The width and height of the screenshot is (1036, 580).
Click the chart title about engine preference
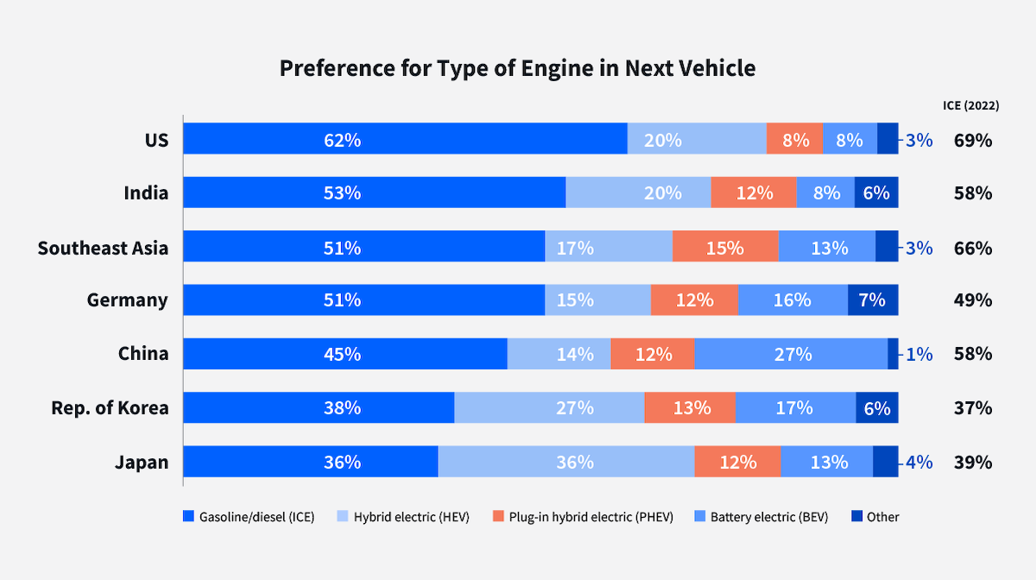(x=517, y=69)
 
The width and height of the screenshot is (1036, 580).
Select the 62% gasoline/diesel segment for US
(x=405, y=139)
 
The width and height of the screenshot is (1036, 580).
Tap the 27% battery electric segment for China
(x=791, y=354)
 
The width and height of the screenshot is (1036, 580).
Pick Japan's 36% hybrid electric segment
(x=566, y=462)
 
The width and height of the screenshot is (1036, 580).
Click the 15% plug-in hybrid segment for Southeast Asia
(x=725, y=247)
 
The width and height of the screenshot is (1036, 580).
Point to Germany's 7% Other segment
(x=873, y=300)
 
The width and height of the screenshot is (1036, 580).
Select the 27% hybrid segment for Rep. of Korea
(x=549, y=407)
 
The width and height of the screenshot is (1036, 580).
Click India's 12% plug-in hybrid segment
(x=754, y=193)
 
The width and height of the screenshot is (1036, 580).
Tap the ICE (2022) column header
(x=971, y=105)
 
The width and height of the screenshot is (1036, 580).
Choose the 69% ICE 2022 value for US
(x=972, y=140)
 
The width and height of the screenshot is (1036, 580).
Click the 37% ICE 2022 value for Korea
(x=972, y=408)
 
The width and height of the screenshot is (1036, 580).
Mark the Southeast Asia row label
(x=103, y=249)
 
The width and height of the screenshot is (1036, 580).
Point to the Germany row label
(x=128, y=300)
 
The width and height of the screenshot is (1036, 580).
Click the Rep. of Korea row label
(x=110, y=408)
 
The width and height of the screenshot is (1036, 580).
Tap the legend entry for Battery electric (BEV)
(x=761, y=517)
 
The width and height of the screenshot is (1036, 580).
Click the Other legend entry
(x=875, y=517)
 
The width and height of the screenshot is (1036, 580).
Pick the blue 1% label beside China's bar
(x=919, y=354)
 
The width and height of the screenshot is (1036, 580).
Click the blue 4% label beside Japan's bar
(x=919, y=462)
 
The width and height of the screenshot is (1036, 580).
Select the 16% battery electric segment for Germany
(x=793, y=300)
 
